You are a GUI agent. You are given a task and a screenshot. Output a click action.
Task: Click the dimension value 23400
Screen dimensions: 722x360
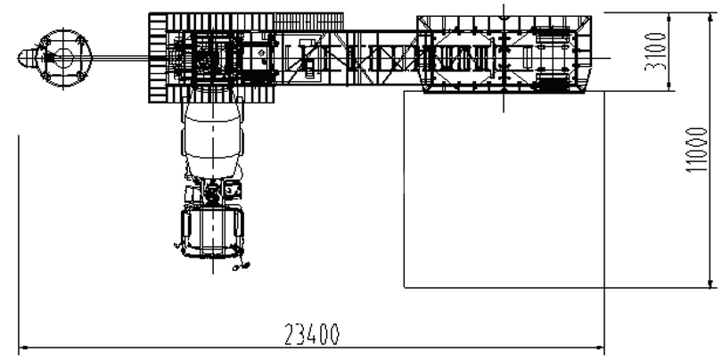click(x=312, y=334)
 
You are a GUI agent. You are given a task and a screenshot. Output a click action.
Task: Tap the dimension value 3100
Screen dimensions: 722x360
click(x=655, y=51)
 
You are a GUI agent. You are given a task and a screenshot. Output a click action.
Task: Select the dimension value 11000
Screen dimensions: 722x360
click(x=695, y=150)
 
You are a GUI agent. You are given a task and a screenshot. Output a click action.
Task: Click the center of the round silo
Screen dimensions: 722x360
click(x=63, y=58)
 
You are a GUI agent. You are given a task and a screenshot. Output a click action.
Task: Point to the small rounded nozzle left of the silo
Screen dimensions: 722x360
click(x=26, y=58)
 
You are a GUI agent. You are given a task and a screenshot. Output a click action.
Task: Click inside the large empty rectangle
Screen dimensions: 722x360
click(x=504, y=189)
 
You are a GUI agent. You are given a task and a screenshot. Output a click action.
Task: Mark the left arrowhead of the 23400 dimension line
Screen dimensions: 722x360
click(x=22, y=348)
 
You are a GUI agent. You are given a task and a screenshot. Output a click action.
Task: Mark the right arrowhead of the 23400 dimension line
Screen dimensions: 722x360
click(x=601, y=348)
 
